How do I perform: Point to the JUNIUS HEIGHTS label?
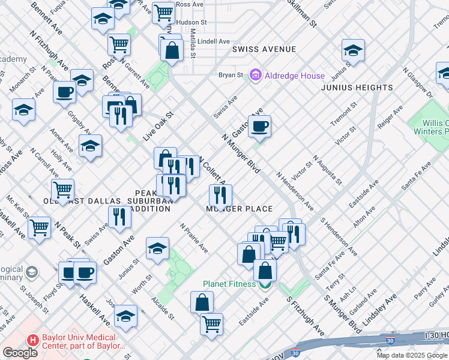pos(357,88)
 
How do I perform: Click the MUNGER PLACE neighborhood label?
pos(240,209)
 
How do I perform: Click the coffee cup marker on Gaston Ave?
pos(259,127)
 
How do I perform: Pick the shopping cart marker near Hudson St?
pos(163,11)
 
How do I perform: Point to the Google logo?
pos(19,353)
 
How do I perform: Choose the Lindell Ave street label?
pos(214,41)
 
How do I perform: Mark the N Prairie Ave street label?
pos(194,238)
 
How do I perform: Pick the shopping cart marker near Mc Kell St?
pos(39,227)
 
